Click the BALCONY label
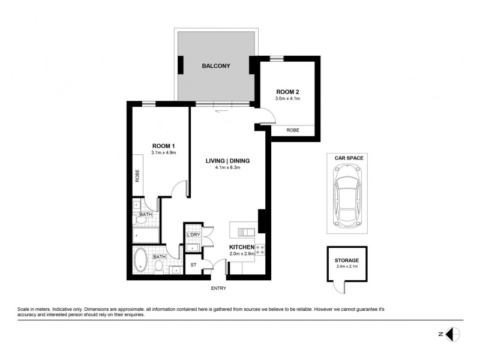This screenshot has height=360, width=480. (216, 66)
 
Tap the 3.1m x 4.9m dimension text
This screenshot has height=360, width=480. (163, 153)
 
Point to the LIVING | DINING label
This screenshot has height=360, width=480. (227, 160)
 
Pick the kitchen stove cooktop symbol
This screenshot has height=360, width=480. (261, 250)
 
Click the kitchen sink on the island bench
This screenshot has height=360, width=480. (247, 231)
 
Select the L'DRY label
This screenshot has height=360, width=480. (193, 235)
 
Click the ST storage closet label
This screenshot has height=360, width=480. (193, 264)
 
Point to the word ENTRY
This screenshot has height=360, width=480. (219, 289)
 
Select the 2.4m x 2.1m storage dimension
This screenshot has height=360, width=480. (347, 266)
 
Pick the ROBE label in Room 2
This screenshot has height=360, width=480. (293, 130)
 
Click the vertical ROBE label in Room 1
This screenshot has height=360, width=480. (137, 175)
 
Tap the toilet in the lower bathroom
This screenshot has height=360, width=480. (160, 267)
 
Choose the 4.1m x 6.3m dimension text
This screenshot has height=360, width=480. (227, 168)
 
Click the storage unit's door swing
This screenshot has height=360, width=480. (341, 288)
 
